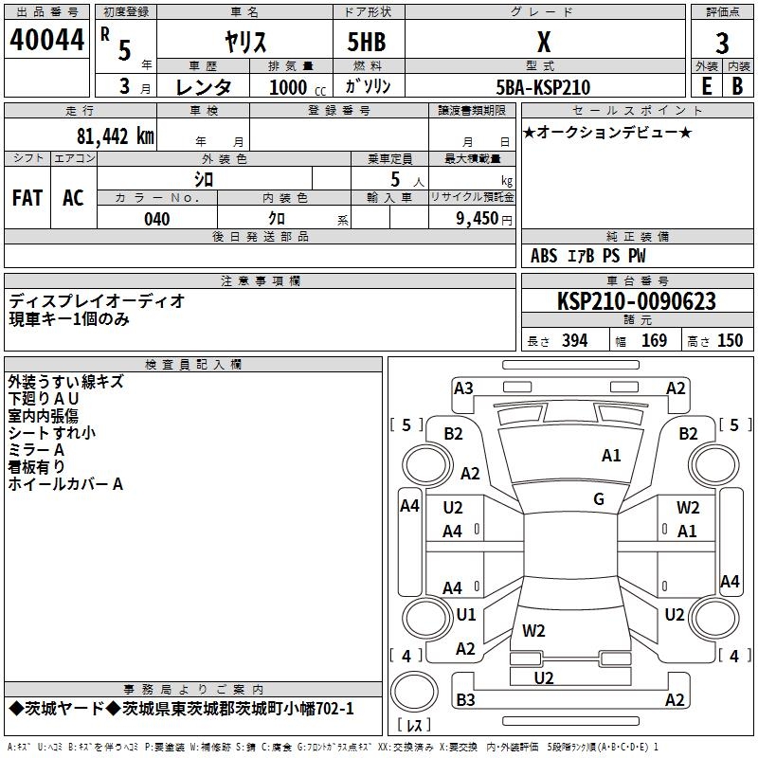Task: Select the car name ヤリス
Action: click(x=244, y=43)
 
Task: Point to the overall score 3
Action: click(x=722, y=44)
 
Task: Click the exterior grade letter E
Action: click(x=706, y=86)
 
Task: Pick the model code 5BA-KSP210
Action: click(x=543, y=87)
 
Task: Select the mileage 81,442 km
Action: click(x=115, y=135)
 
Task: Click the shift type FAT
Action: click(x=27, y=198)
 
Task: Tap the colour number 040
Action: click(x=156, y=219)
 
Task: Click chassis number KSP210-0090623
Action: click(x=637, y=301)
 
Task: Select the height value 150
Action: click(x=730, y=341)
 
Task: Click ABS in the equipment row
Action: click(x=544, y=256)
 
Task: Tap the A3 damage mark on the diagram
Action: click(x=463, y=388)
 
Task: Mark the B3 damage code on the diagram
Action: click(x=465, y=700)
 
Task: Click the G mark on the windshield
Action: click(x=599, y=498)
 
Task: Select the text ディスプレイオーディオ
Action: click(x=97, y=300)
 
